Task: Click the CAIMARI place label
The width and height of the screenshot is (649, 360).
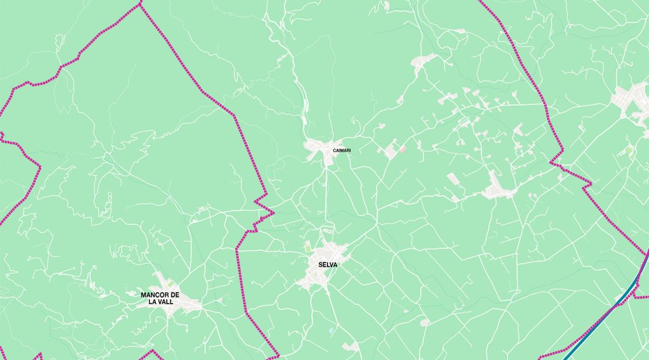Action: click(341, 150)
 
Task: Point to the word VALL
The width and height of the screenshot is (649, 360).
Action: click(166, 301)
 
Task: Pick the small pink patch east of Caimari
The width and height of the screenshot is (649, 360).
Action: click(403, 148)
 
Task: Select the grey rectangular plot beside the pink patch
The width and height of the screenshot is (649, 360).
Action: click(391, 151)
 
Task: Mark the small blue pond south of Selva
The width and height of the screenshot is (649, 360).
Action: click(331, 330)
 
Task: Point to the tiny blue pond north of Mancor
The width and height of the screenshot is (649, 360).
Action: click(198, 214)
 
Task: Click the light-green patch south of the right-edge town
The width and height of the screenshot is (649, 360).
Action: click(630, 151)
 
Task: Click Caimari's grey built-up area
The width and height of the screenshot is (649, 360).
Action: click(321, 148)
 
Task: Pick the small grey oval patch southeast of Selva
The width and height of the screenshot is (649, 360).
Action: click(425, 322)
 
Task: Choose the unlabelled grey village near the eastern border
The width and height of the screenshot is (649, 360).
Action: click(497, 187)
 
